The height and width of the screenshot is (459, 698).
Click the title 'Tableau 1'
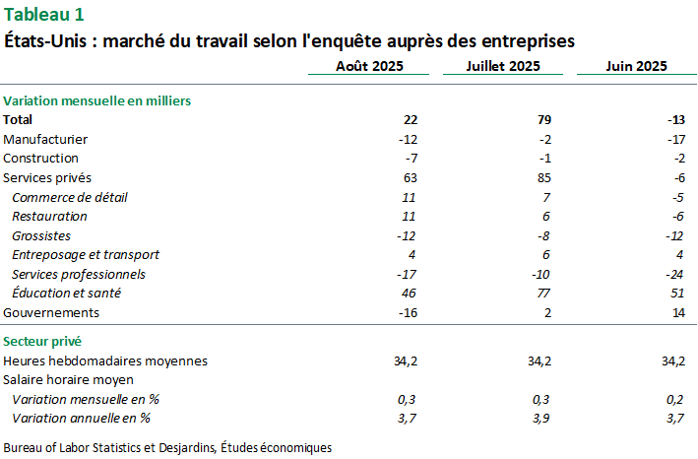click(x=44, y=14)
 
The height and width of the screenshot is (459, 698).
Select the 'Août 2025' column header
click(x=369, y=66)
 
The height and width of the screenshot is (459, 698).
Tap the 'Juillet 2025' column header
click(x=504, y=66)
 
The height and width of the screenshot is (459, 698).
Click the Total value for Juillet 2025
click(x=543, y=119)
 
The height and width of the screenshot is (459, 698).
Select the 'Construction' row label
click(x=40, y=158)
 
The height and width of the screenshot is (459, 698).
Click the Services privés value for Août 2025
click(x=411, y=177)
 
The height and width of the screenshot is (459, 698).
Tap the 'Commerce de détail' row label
click(x=70, y=197)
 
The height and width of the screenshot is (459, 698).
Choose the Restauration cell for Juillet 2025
click(x=545, y=216)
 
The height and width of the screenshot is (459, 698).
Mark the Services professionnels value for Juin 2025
click(x=674, y=274)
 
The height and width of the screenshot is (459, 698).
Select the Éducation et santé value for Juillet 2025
click(x=542, y=293)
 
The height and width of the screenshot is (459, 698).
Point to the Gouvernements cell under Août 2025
click(x=409, y=312)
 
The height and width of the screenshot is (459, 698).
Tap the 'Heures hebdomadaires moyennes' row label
click(x=105, y=361)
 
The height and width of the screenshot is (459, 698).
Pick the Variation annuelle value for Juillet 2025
click(x=540, y=418)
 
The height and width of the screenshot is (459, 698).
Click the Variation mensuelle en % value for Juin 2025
click(x=674, y=399)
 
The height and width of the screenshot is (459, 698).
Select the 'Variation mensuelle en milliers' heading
click(x=96, y=100)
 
